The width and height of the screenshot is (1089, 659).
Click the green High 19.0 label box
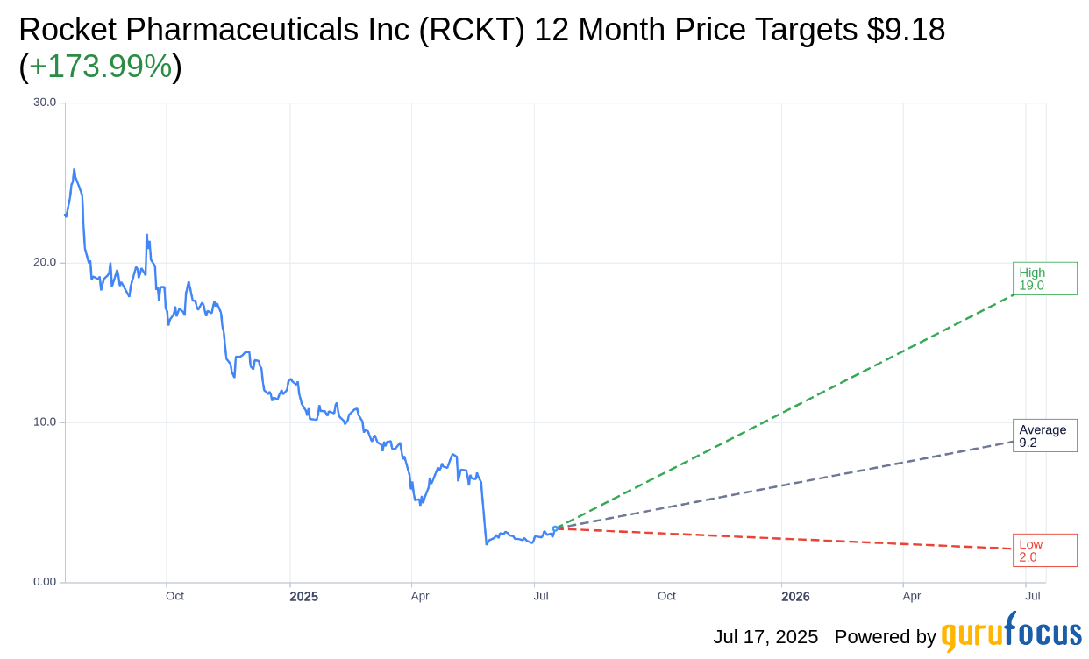point(1044,279)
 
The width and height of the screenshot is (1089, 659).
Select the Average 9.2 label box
point(1044,436)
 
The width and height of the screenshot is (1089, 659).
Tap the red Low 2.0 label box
point(1044,550)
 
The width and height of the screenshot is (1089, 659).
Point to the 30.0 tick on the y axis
point(45,103)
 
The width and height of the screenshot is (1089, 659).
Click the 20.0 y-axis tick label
point(45,262)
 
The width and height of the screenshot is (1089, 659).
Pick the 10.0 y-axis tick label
point(45,422)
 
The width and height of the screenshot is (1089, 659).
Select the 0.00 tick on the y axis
point(45,582)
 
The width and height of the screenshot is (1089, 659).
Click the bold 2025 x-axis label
point(304,597)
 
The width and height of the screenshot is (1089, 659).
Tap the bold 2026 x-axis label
point(795,597)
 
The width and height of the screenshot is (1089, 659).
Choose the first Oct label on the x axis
point(174,597)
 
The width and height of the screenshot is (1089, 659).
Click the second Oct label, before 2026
point(666,597)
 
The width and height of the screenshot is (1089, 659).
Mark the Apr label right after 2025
point(420,597)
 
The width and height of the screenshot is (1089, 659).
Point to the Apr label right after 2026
point(912,597)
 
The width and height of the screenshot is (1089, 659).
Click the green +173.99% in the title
point(100,67)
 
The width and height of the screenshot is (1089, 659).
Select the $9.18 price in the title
point(906,31)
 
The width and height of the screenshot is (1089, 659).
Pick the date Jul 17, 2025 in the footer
point(765,637)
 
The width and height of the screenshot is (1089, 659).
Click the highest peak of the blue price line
point(74,170)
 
